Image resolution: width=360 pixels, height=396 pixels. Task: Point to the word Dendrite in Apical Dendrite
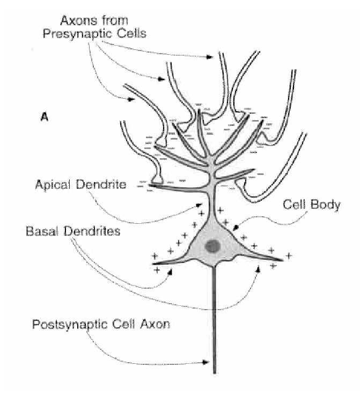tap(107, 185)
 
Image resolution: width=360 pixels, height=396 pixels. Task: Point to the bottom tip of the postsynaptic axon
tap(215, 372)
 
